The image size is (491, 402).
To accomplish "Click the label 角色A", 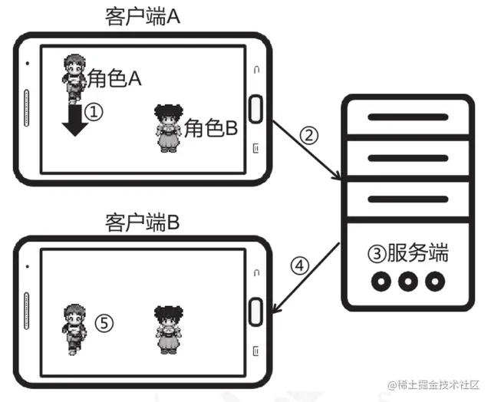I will tap(114, 78).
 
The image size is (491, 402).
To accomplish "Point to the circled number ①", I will tap(93, 113).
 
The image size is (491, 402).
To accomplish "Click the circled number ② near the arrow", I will tap(308, 136).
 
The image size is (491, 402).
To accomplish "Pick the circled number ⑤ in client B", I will tap(104, 323).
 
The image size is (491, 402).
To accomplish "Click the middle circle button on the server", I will tap(407, 282).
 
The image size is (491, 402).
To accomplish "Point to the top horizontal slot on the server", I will tap(407, 117).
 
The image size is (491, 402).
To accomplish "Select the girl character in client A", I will tap(167, 127).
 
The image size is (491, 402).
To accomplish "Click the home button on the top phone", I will tap(255, 104).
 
